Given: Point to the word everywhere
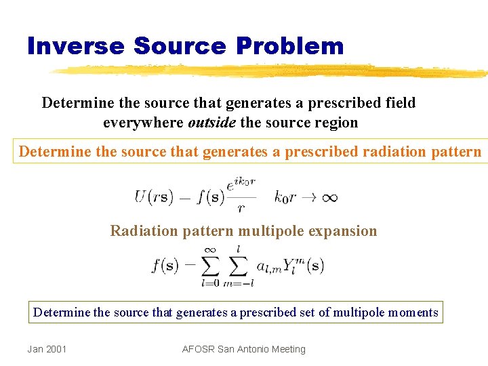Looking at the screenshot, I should [x=143, y=123].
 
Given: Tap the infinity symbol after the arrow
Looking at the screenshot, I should [x=329, y=197].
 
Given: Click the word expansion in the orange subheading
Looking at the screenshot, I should [x=342, y=231].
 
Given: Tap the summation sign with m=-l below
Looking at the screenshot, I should [x=237, y=266].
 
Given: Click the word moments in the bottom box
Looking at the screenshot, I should [x=414, y=312].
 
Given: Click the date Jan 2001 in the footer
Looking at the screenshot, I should [x=47, y=349].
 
